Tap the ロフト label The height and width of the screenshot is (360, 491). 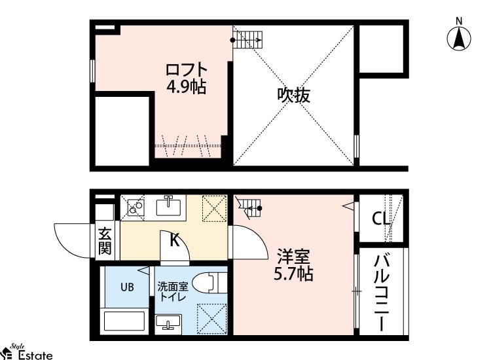[186, 69]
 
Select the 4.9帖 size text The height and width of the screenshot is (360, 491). [186, 87]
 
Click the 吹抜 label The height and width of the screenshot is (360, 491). [293, 96]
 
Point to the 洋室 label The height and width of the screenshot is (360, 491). [293, 255]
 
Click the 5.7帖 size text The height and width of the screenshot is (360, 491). [293, 274]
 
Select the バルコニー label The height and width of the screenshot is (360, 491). [381, 293]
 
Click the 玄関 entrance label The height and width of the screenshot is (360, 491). [105, 240]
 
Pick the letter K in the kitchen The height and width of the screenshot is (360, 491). [175, 240]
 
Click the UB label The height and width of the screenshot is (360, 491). [126, 286]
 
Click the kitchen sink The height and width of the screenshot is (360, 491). [170, 207]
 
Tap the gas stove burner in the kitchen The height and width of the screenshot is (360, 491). [136, 207]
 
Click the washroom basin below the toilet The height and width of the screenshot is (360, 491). [170, 323]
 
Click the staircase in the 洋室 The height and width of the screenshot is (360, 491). [249, 207]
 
